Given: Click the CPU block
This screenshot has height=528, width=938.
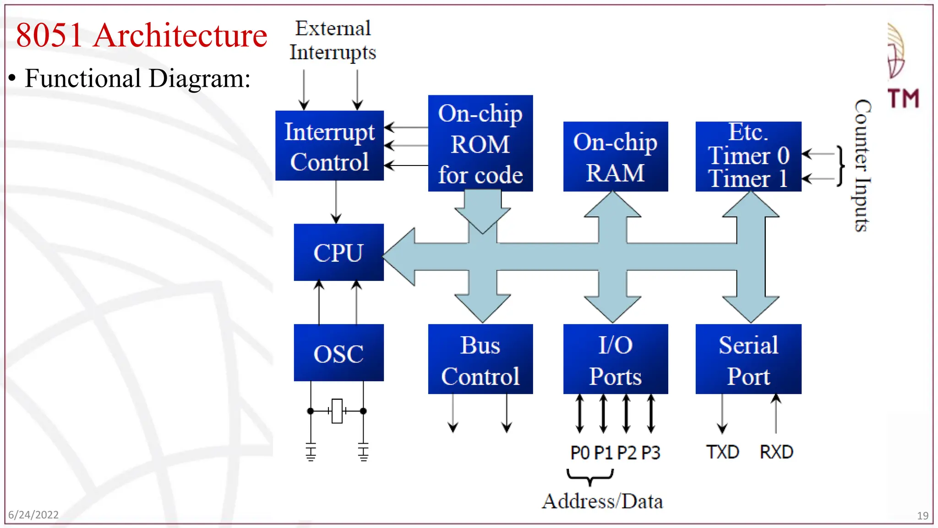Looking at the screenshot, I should click(x=338, y=252).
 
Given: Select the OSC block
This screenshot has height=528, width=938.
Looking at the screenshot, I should click(x=338, y=352).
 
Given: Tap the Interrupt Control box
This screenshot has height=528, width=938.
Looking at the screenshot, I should click(x=329, y=146).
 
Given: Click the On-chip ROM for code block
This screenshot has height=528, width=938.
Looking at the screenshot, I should click(x=480, y=143).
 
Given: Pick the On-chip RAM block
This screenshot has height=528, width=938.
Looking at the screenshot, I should click(x=615, y=156).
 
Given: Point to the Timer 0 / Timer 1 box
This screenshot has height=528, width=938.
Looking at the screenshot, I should click(x=748, y=156).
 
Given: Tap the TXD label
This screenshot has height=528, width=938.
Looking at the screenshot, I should click(x=722, y=452).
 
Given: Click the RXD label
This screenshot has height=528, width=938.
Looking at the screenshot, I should click(x=776, y=452).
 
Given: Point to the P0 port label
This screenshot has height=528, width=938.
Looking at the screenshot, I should click(x=580, y=453).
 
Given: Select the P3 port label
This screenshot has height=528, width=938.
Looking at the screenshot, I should click(x=650, y=453).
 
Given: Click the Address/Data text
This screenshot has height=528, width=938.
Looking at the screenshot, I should click(x=602, y=501).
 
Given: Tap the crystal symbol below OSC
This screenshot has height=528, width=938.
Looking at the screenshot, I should click(x=337, y=411).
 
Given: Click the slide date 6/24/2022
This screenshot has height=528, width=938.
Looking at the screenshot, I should click(x=33, y=515).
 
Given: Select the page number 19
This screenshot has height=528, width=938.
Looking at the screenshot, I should click(x=922, y=516).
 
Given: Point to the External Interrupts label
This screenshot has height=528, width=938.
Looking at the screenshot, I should click(x=333, y=40).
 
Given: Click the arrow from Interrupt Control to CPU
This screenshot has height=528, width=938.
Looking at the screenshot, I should click(x=336, y=202).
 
